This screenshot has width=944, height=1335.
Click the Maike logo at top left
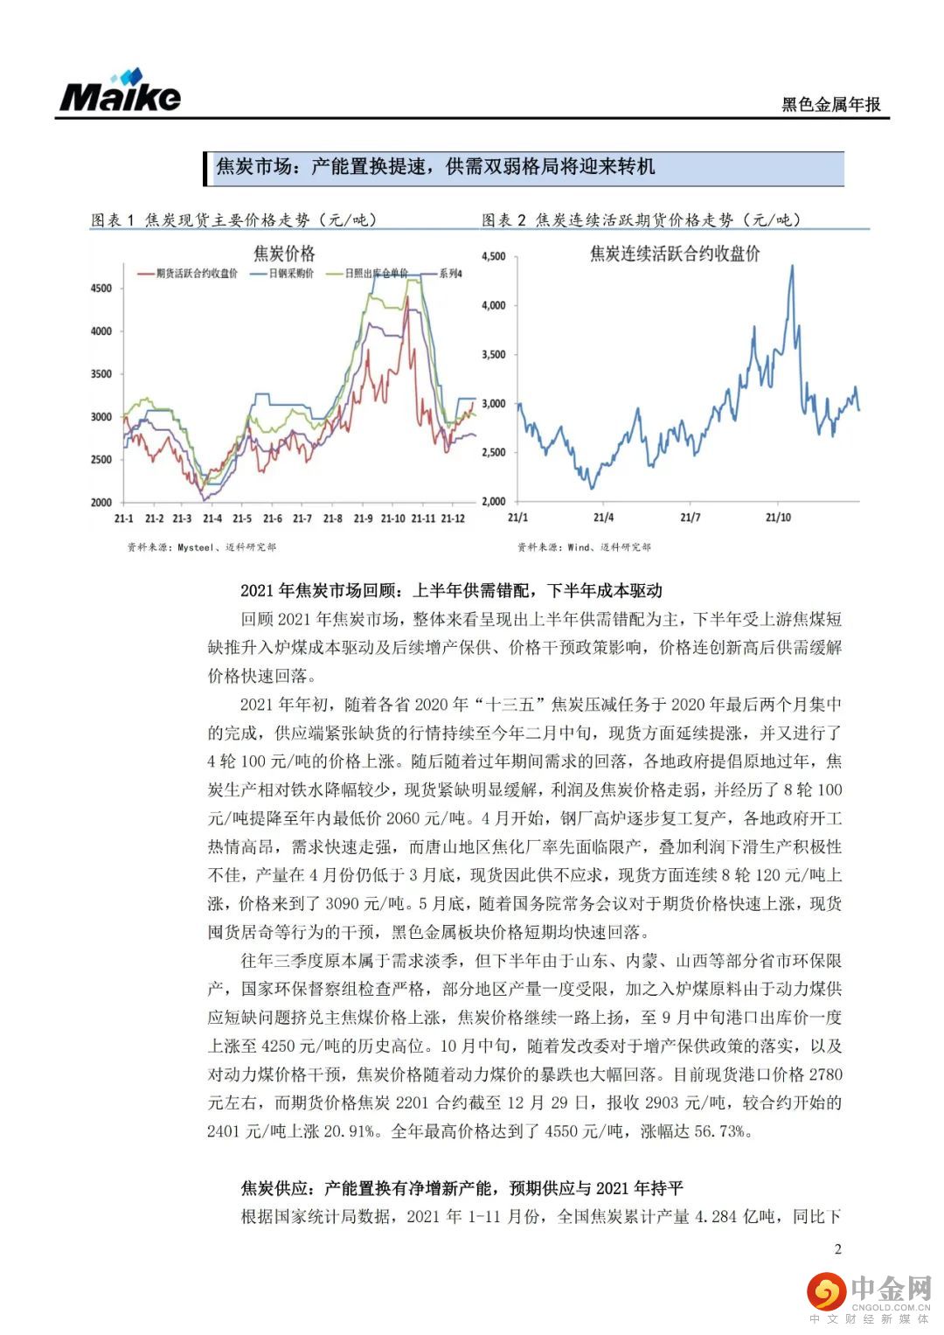pyautogui.click(x=120, y=92)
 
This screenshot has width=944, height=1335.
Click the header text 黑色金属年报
pyautogui.click(x=830, y=105)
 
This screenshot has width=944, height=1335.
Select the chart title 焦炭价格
pyautogui.click(x=283, y=254)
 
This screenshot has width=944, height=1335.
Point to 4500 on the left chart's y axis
pyautogui.click(x=101, y=289)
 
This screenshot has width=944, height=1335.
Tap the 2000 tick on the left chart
pyautogui.click(x=101, y=503)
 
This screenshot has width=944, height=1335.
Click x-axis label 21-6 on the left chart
pyautogui.click(x=272, y=519)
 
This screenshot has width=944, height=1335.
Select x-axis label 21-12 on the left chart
pyautogui.click(x=452, y=519)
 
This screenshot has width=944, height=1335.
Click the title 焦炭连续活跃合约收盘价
pyautogui.click(x=674, y=254)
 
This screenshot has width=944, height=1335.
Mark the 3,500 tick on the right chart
pyautogui.click(x=493, y=355)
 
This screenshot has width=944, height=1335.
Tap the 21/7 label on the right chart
pyautogui.click(x=690, y=518)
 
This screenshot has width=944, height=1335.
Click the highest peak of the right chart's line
pyautogui.click(x=792, y=266)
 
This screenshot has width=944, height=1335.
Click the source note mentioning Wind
pyautogui.click(x=584, y=547)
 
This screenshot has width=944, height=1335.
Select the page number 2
pyautogui.click(x=838, y=1248)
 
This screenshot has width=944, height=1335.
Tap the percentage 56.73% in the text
pyautogui.click(x=721, y=1131)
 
